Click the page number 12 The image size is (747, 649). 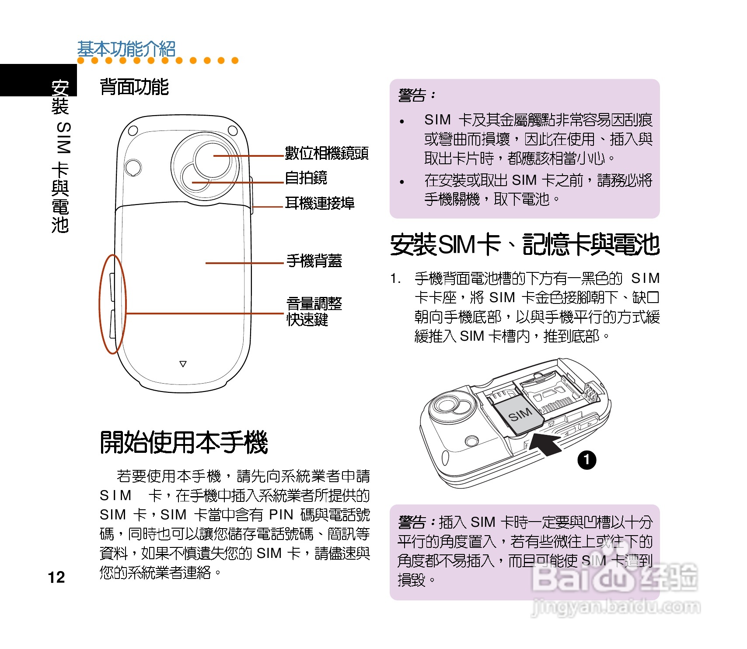pos(56,577)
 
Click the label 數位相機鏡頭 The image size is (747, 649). pos(326,153)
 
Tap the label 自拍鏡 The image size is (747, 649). pos(306,178)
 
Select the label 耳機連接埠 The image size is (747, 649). pos(319,203)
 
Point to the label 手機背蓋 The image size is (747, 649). pos(314,261)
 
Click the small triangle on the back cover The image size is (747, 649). pos(183,364)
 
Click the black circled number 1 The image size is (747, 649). pos(586,460)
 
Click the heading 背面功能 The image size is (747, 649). pos(134,87)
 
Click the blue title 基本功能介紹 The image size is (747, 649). pos(126,49)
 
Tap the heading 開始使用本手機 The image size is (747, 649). pos(184,442)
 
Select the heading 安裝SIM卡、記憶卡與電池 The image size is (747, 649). pos(524,244)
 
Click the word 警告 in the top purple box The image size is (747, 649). pos(412,95)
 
